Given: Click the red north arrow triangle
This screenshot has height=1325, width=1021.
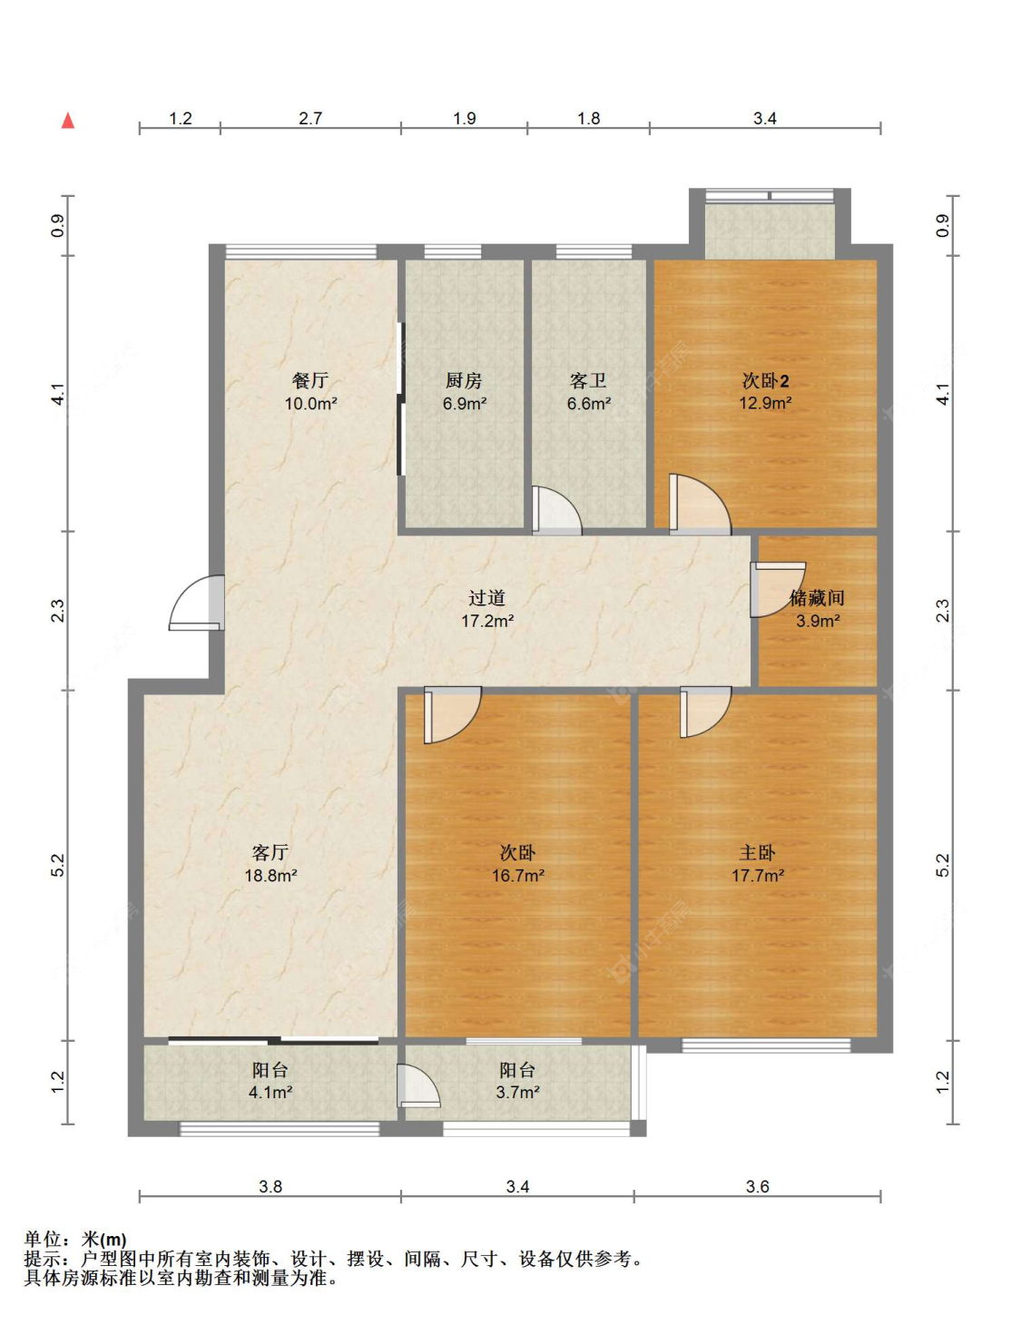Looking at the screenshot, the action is pyautogui.click(x=68, y=121).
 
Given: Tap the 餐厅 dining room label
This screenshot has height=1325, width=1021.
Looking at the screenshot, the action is pyautogui.click(x=310, y=381).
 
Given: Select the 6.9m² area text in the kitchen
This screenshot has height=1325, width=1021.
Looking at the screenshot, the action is pyautogui.click(x=465, y=403).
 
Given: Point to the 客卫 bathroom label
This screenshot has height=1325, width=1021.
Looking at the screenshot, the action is pyautogui.click(x=588, y=381).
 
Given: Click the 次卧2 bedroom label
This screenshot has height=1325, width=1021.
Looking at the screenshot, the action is pyautogui.click(x=766, y=381).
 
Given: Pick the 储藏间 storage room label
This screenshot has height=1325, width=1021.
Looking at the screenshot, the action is pyautogui.click(x=817, y=598).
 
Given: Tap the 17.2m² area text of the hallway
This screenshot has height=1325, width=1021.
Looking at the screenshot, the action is pyautogui.click(x=487, y=621).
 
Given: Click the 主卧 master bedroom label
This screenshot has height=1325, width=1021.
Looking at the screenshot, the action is pyautogui.click(x=757, y=852).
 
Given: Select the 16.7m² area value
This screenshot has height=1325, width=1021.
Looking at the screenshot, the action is pyautogui.click(x=518, y=876).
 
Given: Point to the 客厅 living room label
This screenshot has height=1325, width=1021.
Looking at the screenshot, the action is pyautogui.click(x=270, y=852).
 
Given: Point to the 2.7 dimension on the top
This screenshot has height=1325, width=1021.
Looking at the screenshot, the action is pyautogui.click(x=310, y=118).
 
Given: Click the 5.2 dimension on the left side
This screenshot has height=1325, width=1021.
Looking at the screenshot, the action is pyautogui.click(x=57, y=865).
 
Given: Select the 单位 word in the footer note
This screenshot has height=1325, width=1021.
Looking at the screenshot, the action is pyautogui.click(x=44, y=1240).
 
